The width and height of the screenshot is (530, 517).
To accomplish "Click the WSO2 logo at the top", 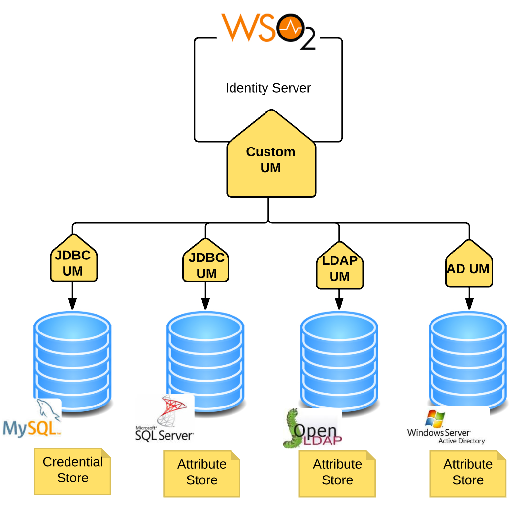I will pyautogui.click(x=268, y=31).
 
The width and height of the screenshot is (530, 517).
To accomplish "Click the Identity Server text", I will pyautogui.click(x=268, y=88).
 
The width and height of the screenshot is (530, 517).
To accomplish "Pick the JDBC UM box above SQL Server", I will pyautogui.click(x=206, y=265).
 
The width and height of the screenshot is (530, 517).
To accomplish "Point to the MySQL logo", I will pyautogui.click(x=33, y=422).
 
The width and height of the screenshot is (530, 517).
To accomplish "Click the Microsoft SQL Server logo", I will pyautogui.click(x=165, y=421).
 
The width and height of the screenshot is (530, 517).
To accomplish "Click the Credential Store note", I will pyautogui.click(x=72, y=471).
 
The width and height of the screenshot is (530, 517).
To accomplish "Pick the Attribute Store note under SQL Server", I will pyautogui.click(x=201, y=473).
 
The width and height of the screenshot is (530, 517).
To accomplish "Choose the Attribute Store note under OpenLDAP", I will pyautogui.click(x=337, y=473).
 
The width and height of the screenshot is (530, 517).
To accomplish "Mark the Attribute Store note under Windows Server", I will pyautogui.click(x=468, y=473).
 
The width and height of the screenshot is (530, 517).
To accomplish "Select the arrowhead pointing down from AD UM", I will pyautogui.click(x=469, y=304).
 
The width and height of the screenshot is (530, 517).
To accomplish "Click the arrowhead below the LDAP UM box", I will pyautogui.click(x=339, y=304).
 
